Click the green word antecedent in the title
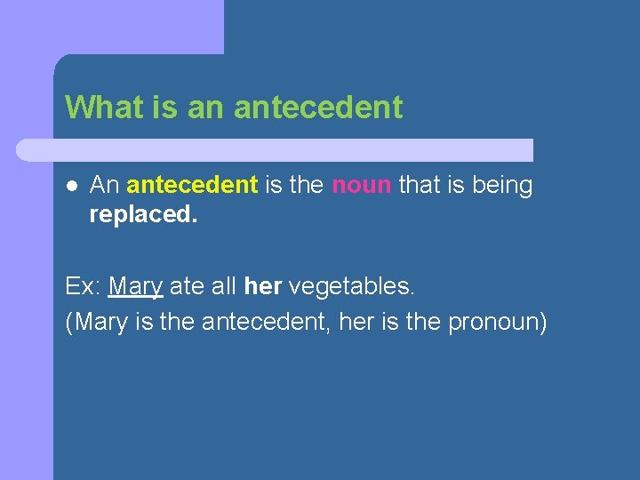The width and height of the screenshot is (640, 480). tap(318, 108)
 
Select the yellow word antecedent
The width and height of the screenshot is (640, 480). tap(192, 186)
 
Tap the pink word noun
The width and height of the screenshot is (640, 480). tap(361, 186)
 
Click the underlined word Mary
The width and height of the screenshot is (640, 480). tap(135, 287)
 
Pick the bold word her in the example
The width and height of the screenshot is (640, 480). tap(263, 286)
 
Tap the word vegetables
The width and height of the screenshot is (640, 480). tap(351, 286)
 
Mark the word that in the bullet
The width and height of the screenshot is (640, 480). tap(420, 186)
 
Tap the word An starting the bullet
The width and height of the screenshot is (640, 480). tap(105, 186)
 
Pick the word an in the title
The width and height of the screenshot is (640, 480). tap(206, 108)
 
